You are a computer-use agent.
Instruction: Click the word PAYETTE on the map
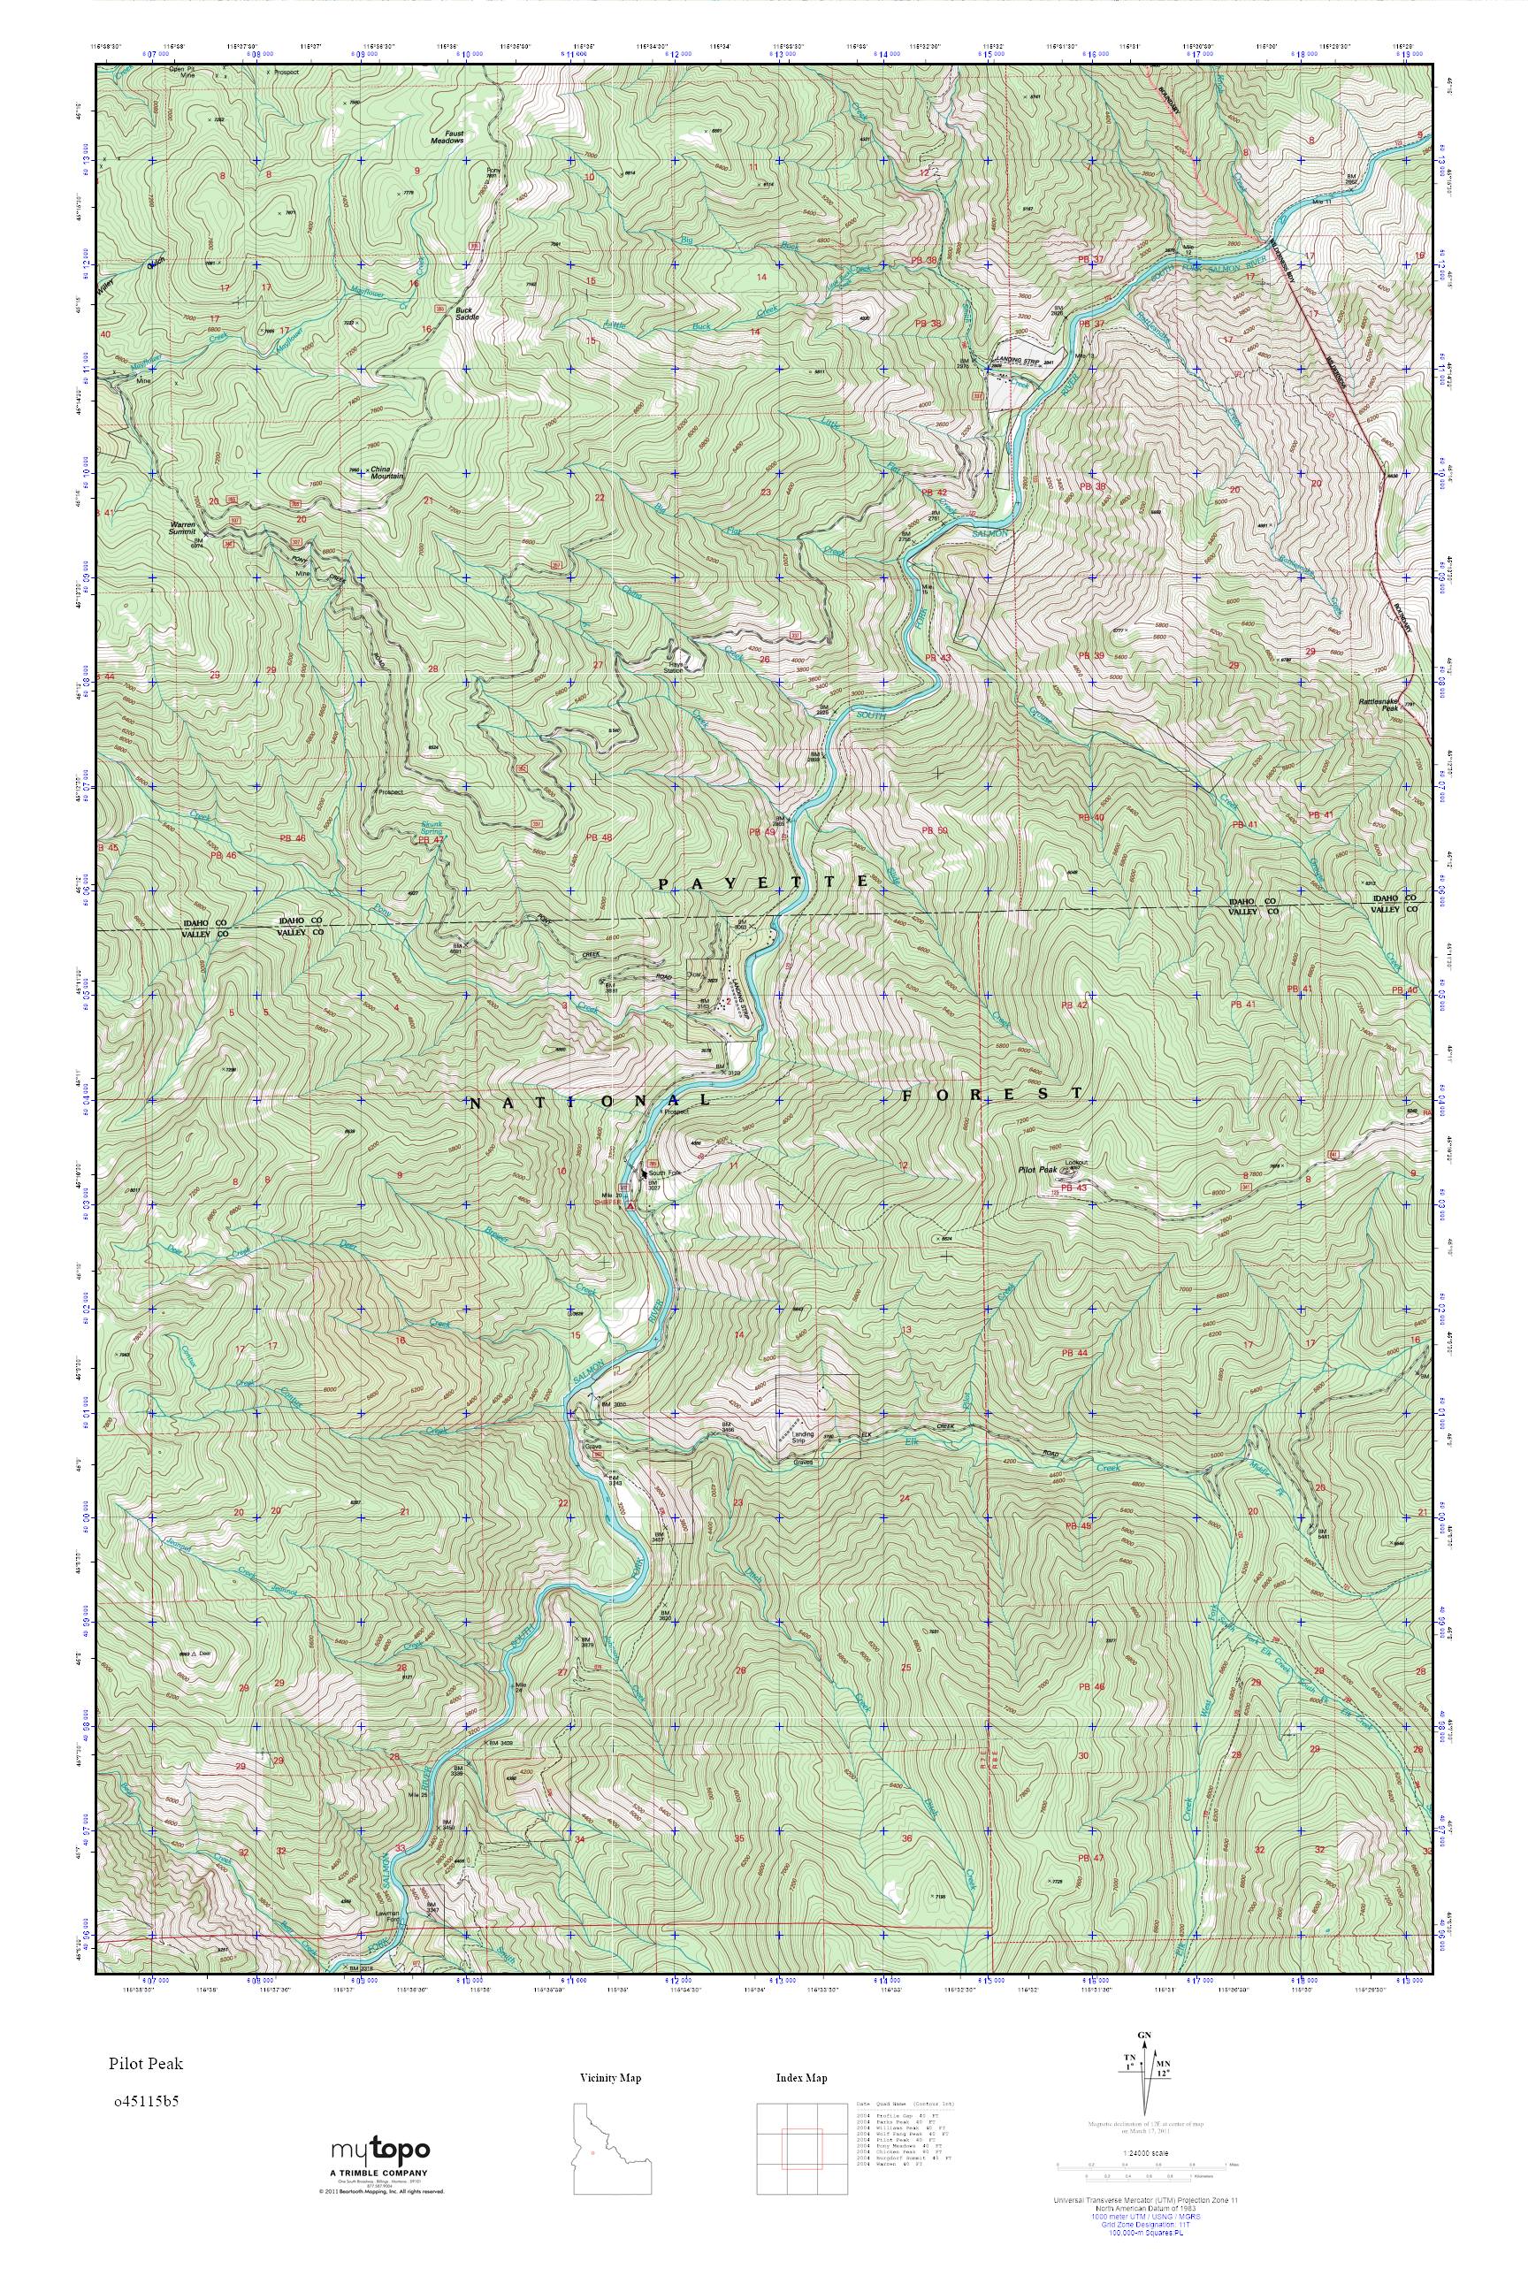pos(763,882)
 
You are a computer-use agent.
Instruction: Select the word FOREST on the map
pos(991,1093)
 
